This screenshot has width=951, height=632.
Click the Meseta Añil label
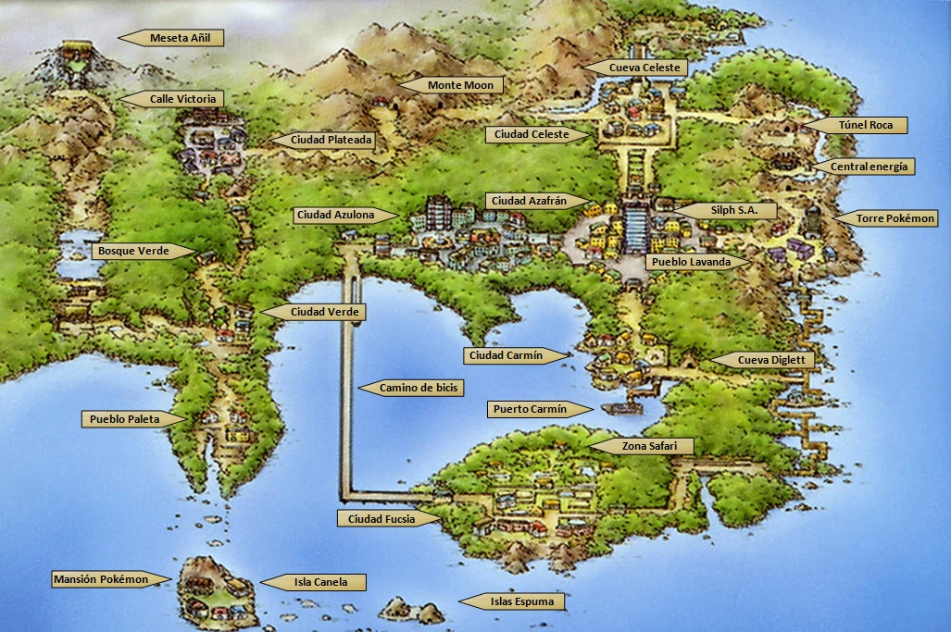click(180, 38)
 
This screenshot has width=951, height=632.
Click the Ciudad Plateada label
click(331, 140)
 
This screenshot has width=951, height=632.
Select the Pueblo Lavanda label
click(690, 262)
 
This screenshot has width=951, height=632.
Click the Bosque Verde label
click(139, 251)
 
